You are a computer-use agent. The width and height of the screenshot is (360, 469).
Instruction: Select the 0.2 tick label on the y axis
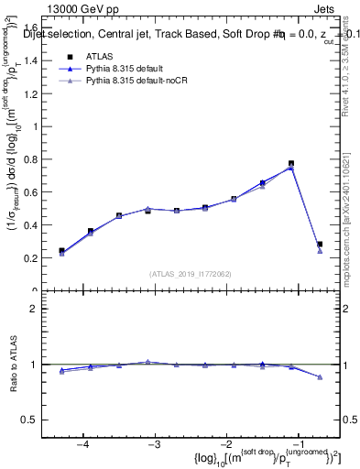[41, 258]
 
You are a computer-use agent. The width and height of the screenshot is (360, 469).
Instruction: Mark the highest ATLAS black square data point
[291, 164]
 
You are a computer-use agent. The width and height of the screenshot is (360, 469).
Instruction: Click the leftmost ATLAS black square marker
[61, 250]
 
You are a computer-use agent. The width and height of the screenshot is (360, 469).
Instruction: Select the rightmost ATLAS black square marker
[320, 245]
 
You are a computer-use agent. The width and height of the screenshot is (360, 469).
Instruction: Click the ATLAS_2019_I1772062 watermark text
[190, 273]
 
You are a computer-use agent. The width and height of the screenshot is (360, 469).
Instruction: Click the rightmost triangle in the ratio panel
[320, 376]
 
